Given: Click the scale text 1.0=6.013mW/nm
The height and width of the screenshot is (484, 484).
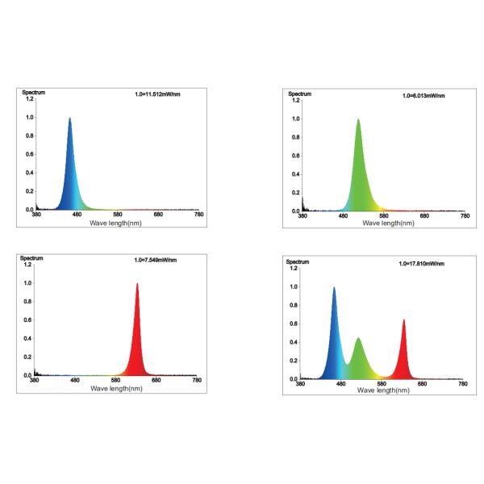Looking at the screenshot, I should (423, 96).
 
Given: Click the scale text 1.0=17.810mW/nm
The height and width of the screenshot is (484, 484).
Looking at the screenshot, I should (421, 263).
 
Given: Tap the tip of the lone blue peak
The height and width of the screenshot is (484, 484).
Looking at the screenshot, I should (70, 119).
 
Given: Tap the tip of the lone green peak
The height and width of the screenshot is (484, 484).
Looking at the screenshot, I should (358, 120).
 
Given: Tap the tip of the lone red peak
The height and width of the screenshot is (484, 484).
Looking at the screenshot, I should (137, 284).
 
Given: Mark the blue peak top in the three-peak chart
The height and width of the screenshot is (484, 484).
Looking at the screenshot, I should (334, 288).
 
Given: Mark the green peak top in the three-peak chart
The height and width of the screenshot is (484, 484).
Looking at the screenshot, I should (358, 339).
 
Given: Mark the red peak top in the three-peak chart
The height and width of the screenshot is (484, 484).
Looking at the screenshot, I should (403, 320).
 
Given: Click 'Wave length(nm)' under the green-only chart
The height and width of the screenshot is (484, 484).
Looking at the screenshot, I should (383, 223).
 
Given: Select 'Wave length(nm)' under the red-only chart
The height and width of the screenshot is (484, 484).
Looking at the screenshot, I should (116, 388).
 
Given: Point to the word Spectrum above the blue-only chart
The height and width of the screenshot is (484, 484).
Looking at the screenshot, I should (34, 93).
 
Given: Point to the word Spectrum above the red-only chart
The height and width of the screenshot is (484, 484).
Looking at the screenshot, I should (32, 258).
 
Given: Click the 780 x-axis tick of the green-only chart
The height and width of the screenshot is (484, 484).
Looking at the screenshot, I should (464, 216).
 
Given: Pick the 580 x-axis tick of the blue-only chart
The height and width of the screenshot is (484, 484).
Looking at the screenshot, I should (117, 215).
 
